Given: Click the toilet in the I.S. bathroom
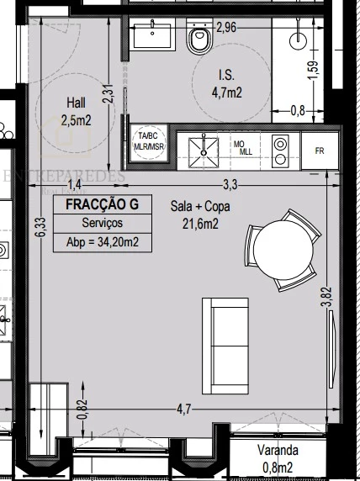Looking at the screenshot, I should click(x=200, y=39).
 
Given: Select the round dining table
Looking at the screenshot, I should click(x=283, y=250).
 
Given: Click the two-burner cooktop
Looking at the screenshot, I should click(x=281, y=150).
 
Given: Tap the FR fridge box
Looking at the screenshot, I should click(x=320, y=151).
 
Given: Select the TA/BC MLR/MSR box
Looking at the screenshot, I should click(x=148, y=140).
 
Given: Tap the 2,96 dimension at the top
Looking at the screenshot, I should click(x=225, y=28).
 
